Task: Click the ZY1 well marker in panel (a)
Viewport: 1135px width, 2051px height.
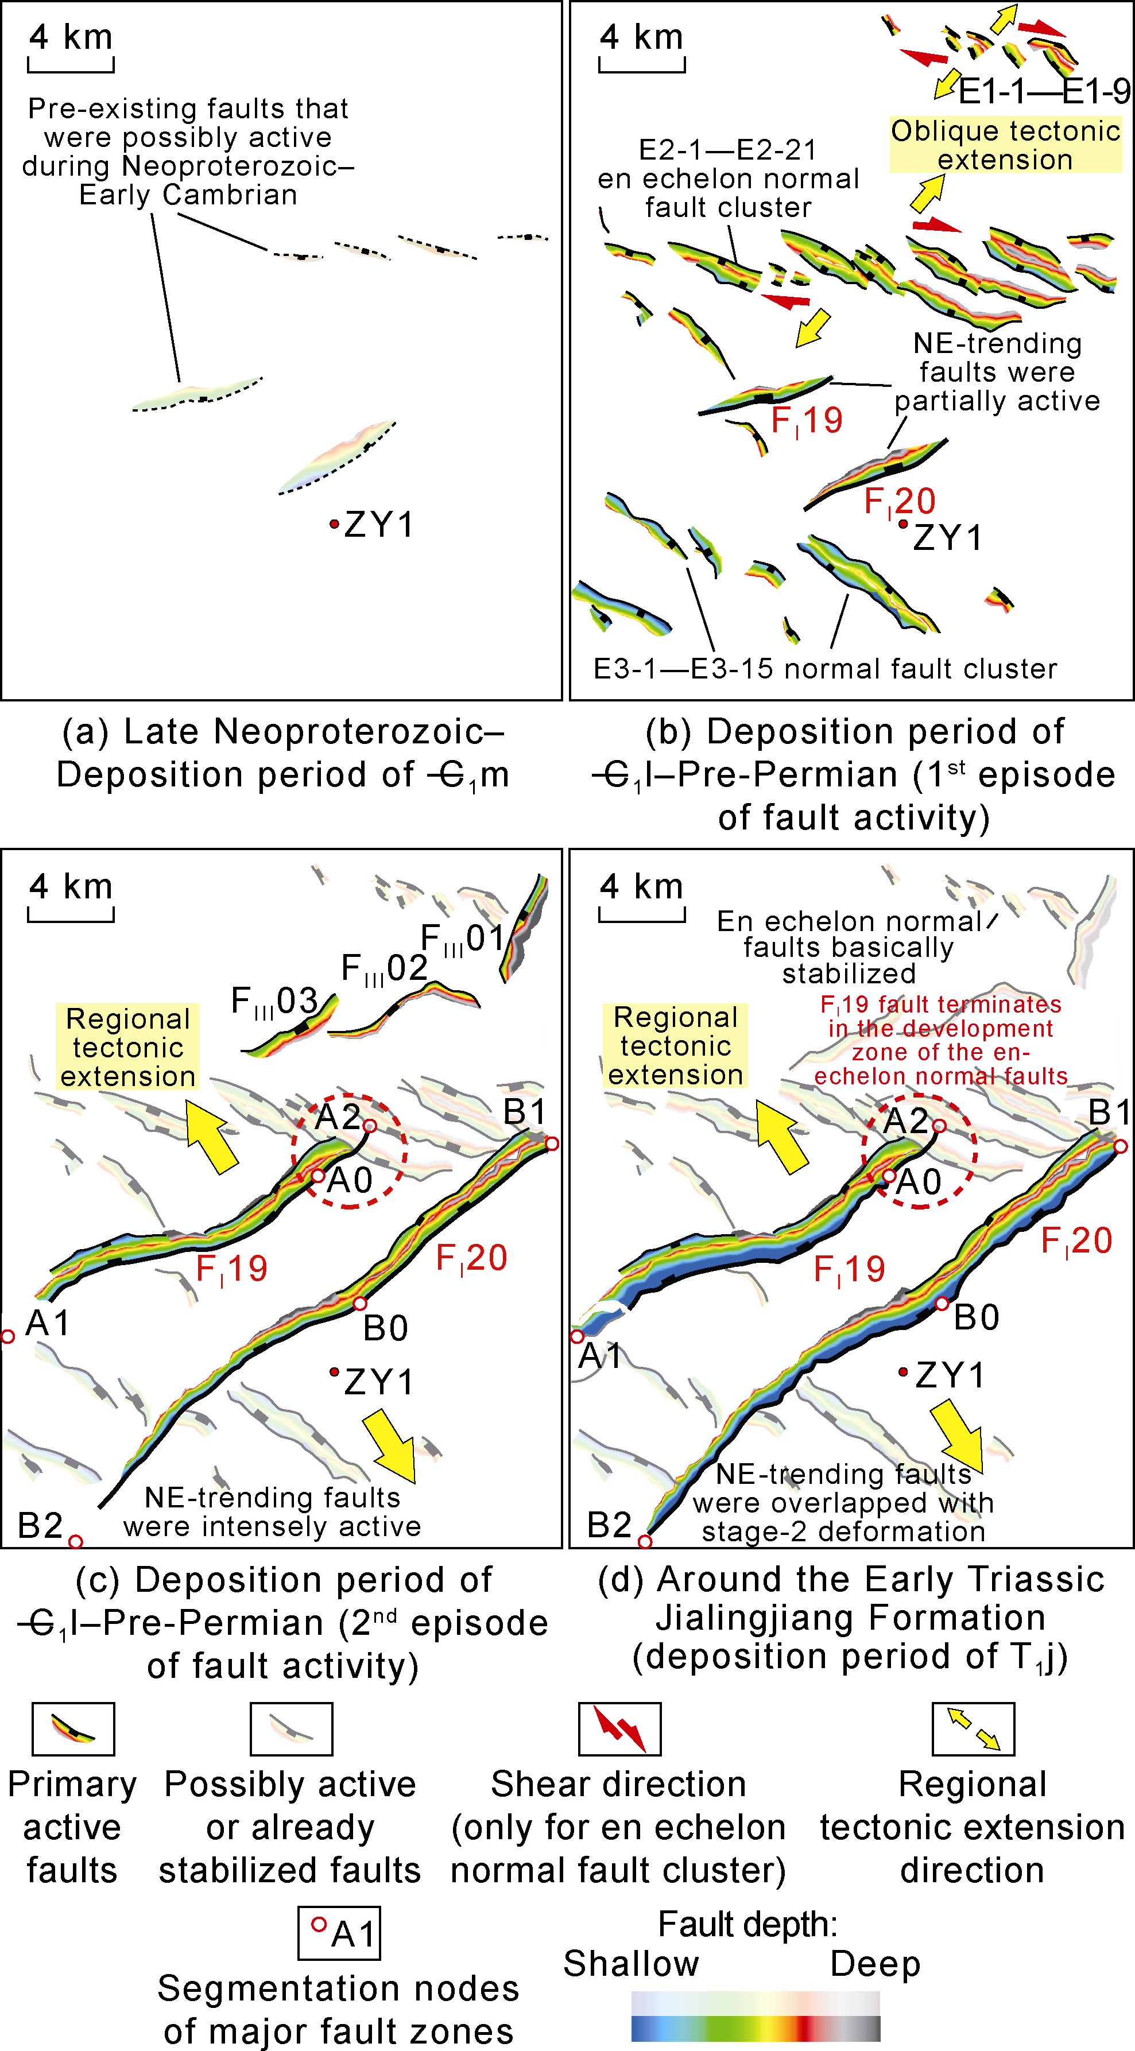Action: (335, 524)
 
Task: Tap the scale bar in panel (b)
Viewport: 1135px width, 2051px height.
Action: (641, 65)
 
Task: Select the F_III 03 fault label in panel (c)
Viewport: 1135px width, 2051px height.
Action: (274, 1002)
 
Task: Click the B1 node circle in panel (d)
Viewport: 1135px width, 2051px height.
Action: (1121, 1146)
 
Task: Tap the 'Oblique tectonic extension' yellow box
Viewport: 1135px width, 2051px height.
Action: (1005, 145)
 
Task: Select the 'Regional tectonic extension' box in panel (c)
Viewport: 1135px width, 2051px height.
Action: (127, 1047)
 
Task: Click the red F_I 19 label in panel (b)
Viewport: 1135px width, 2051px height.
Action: (806, 420)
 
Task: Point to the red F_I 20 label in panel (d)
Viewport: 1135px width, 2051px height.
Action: (1076, 1240)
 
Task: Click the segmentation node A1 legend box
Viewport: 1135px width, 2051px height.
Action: (339, 1932)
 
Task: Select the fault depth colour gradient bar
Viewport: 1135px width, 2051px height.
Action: (755, 2015)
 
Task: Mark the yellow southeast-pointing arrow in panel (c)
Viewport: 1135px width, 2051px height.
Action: (390, 1444)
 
